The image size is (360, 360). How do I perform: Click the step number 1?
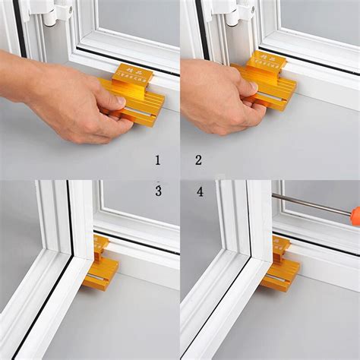[x=157, y=160]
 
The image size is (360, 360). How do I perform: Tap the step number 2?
[x=199, y=160]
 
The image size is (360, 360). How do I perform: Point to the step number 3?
[x=158, y=191]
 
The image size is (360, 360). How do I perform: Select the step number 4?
[x=200, y=191]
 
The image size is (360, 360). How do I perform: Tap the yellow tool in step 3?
[x=101, y=266]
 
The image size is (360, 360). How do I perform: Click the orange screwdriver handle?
[x=355, y=217]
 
